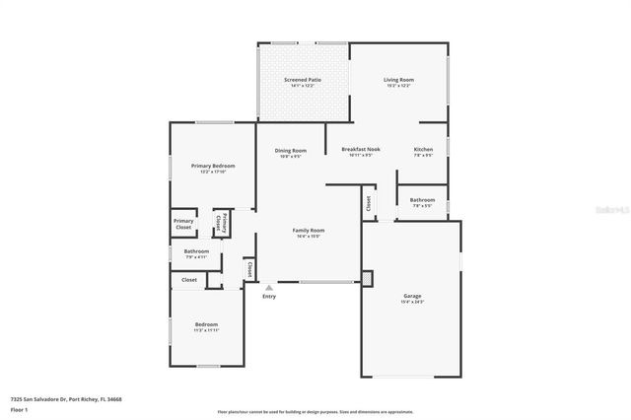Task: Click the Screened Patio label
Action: pos(303,80)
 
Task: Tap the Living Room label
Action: pos(398,80)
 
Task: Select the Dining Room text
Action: pos(290,151)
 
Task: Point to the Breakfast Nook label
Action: pos(361,151)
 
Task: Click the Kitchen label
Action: pos(423,150)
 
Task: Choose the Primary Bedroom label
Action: pos(213,166)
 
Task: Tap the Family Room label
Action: pos(309,231)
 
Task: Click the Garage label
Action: pos(412,296)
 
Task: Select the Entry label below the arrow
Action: pos(269,296)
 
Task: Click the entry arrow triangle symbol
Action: pos(269,287)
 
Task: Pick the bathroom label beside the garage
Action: pos(422,200)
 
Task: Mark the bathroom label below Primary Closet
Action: pos(196,251)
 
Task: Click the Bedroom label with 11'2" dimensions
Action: pos(206,324)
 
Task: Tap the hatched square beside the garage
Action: pos(368,279)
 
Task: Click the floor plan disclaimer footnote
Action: pos(315,412)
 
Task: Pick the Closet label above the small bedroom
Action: pos(188,280)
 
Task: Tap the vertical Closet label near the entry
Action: pos(250,267)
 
